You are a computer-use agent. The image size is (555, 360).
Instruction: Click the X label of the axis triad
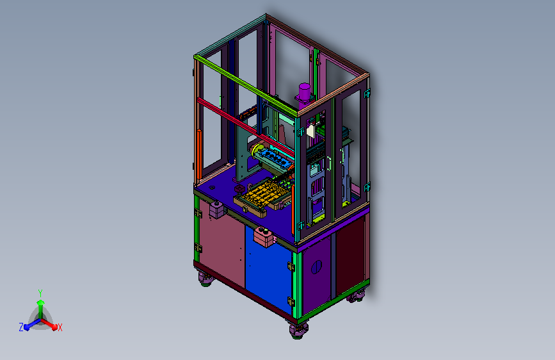point(60,327)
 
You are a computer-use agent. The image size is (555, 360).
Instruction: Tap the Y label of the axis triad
point(40,293)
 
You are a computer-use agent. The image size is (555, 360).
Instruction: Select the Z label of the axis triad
point(21,327)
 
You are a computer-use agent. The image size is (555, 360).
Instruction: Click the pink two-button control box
point(264,236)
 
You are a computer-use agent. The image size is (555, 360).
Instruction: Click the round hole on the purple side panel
point(316,267)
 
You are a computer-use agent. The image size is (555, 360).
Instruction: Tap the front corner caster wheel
point(298,331)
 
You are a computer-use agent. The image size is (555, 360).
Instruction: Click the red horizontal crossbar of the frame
point(245,126)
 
